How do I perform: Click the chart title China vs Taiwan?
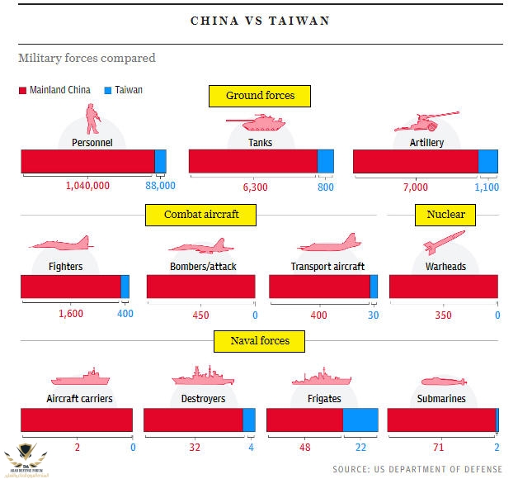point(260,21)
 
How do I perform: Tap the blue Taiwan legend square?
point(107,89)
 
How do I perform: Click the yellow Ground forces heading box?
point(261,96)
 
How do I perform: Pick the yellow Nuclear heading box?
point(445,215)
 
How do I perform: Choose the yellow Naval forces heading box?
point(259,339)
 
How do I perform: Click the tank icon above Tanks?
point(257,123)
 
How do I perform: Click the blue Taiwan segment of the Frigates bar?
point(360,420)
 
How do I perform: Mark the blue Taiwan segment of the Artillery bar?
point(488,161)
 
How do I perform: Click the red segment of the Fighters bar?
point(71,287)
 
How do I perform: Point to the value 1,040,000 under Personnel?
point(87,187)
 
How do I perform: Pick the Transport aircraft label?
point(327,267)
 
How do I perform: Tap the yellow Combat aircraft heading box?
point(201,215)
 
